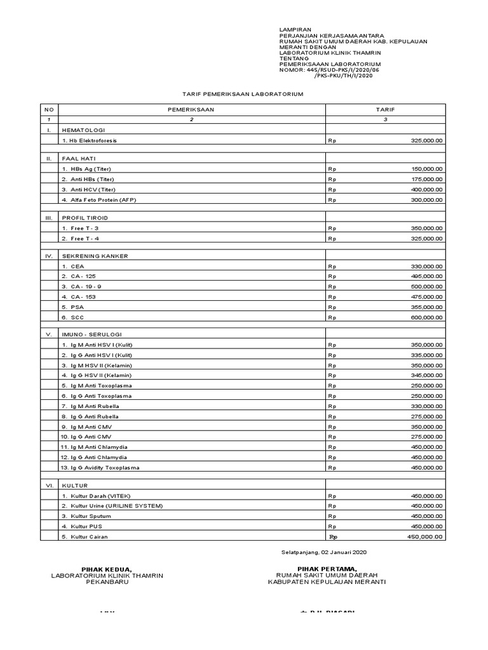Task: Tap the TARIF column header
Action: point(385,109)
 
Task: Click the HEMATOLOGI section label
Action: point(83,129)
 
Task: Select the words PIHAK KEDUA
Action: point(106,568)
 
